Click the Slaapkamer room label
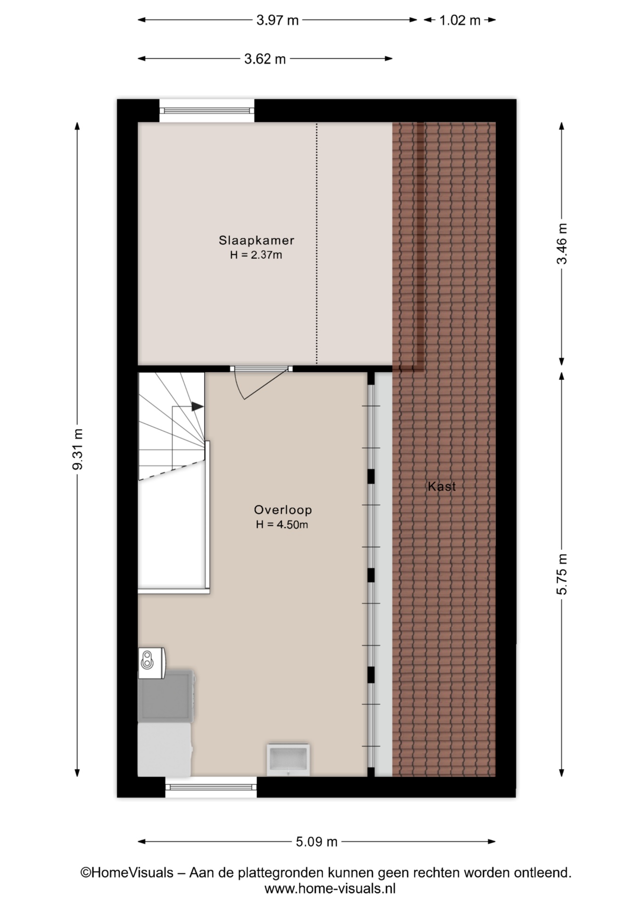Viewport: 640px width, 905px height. click(x=256, y=240)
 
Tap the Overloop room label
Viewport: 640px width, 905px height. click(x=283, y=510)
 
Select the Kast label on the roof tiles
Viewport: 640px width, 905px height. click(x=442, y=486)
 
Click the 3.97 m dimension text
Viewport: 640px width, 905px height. click(x=278, y=20)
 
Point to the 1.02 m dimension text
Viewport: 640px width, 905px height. click(x=459, y=20)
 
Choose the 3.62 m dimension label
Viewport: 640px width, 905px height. click(x=265, y=59)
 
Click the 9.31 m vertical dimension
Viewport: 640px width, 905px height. click(x=78, y=449)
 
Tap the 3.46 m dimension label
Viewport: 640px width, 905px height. click(x=562, y=244)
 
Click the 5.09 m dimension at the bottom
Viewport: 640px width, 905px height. click(x=317, y=841)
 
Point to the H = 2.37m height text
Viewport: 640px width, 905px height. click(x=256, y=255)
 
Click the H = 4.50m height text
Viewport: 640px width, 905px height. click(x=282, y=525)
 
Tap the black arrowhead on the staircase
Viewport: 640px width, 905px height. click(x=197, y=406)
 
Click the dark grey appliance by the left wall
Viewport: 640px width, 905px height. click(x=166, y=696)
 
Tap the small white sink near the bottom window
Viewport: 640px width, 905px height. click(x=288, y=759)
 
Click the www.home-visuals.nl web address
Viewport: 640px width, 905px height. click(x=330, y=889)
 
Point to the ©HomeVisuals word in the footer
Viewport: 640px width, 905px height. click(x=127, y=872)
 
